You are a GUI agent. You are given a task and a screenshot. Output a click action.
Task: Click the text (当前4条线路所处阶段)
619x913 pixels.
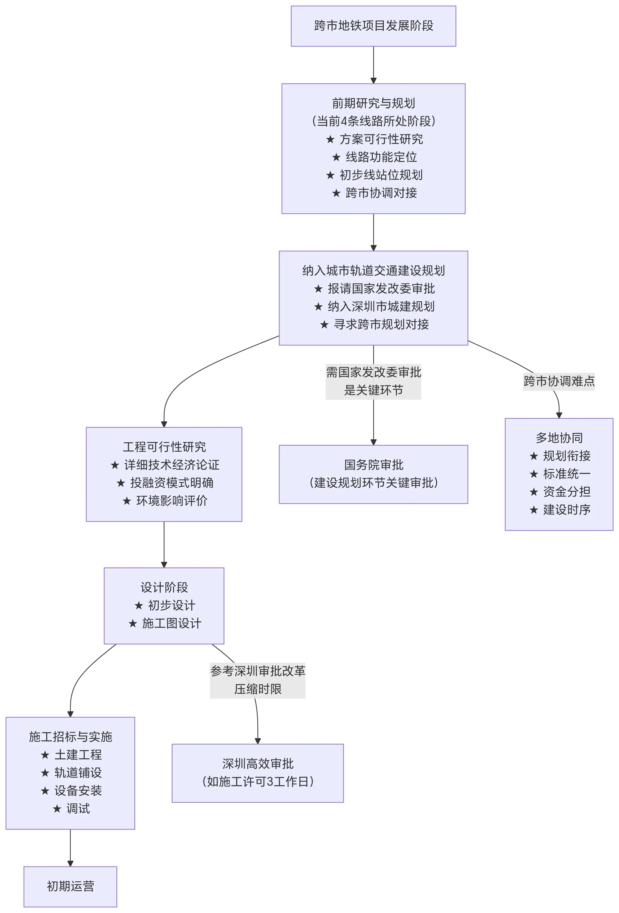(x=373, y=121)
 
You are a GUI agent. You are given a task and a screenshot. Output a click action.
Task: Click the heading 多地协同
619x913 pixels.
(x=559, y=438)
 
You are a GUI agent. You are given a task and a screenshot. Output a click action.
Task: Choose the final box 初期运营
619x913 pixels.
(x=70, y=886)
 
